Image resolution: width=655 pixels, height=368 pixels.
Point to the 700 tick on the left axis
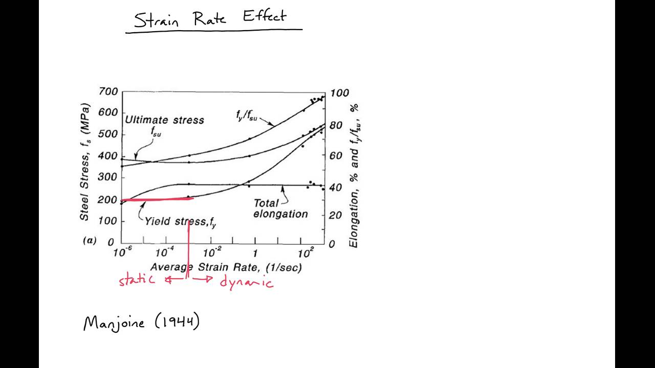pyautogui.click(x=108, y=92)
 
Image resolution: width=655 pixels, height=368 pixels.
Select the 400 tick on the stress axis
pyautogui.click(x=108, y=156)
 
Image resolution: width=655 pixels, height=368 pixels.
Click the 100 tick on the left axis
pyautogui.click(x=108, y=221)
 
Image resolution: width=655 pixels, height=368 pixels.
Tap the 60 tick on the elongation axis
pyautogui.click(x=336, y=156)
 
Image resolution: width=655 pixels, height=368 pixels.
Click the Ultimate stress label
pyautogui.click(x=164, y=120)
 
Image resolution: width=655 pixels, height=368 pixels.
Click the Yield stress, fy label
pyautogui.click(x=180, y=222)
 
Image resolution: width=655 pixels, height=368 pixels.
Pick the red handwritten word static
pyautogui.click(x=137, y=280)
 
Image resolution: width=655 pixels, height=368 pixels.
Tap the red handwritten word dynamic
pyautogui.click(x=247, y=282)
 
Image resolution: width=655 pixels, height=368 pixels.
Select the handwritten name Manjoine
pyautogui.click(x=114, y=324)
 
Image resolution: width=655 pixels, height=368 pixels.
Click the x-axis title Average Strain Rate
pyautogui.click(x=226, y=267)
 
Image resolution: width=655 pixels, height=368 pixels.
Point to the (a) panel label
pyautogui.click(x=90, y=240)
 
